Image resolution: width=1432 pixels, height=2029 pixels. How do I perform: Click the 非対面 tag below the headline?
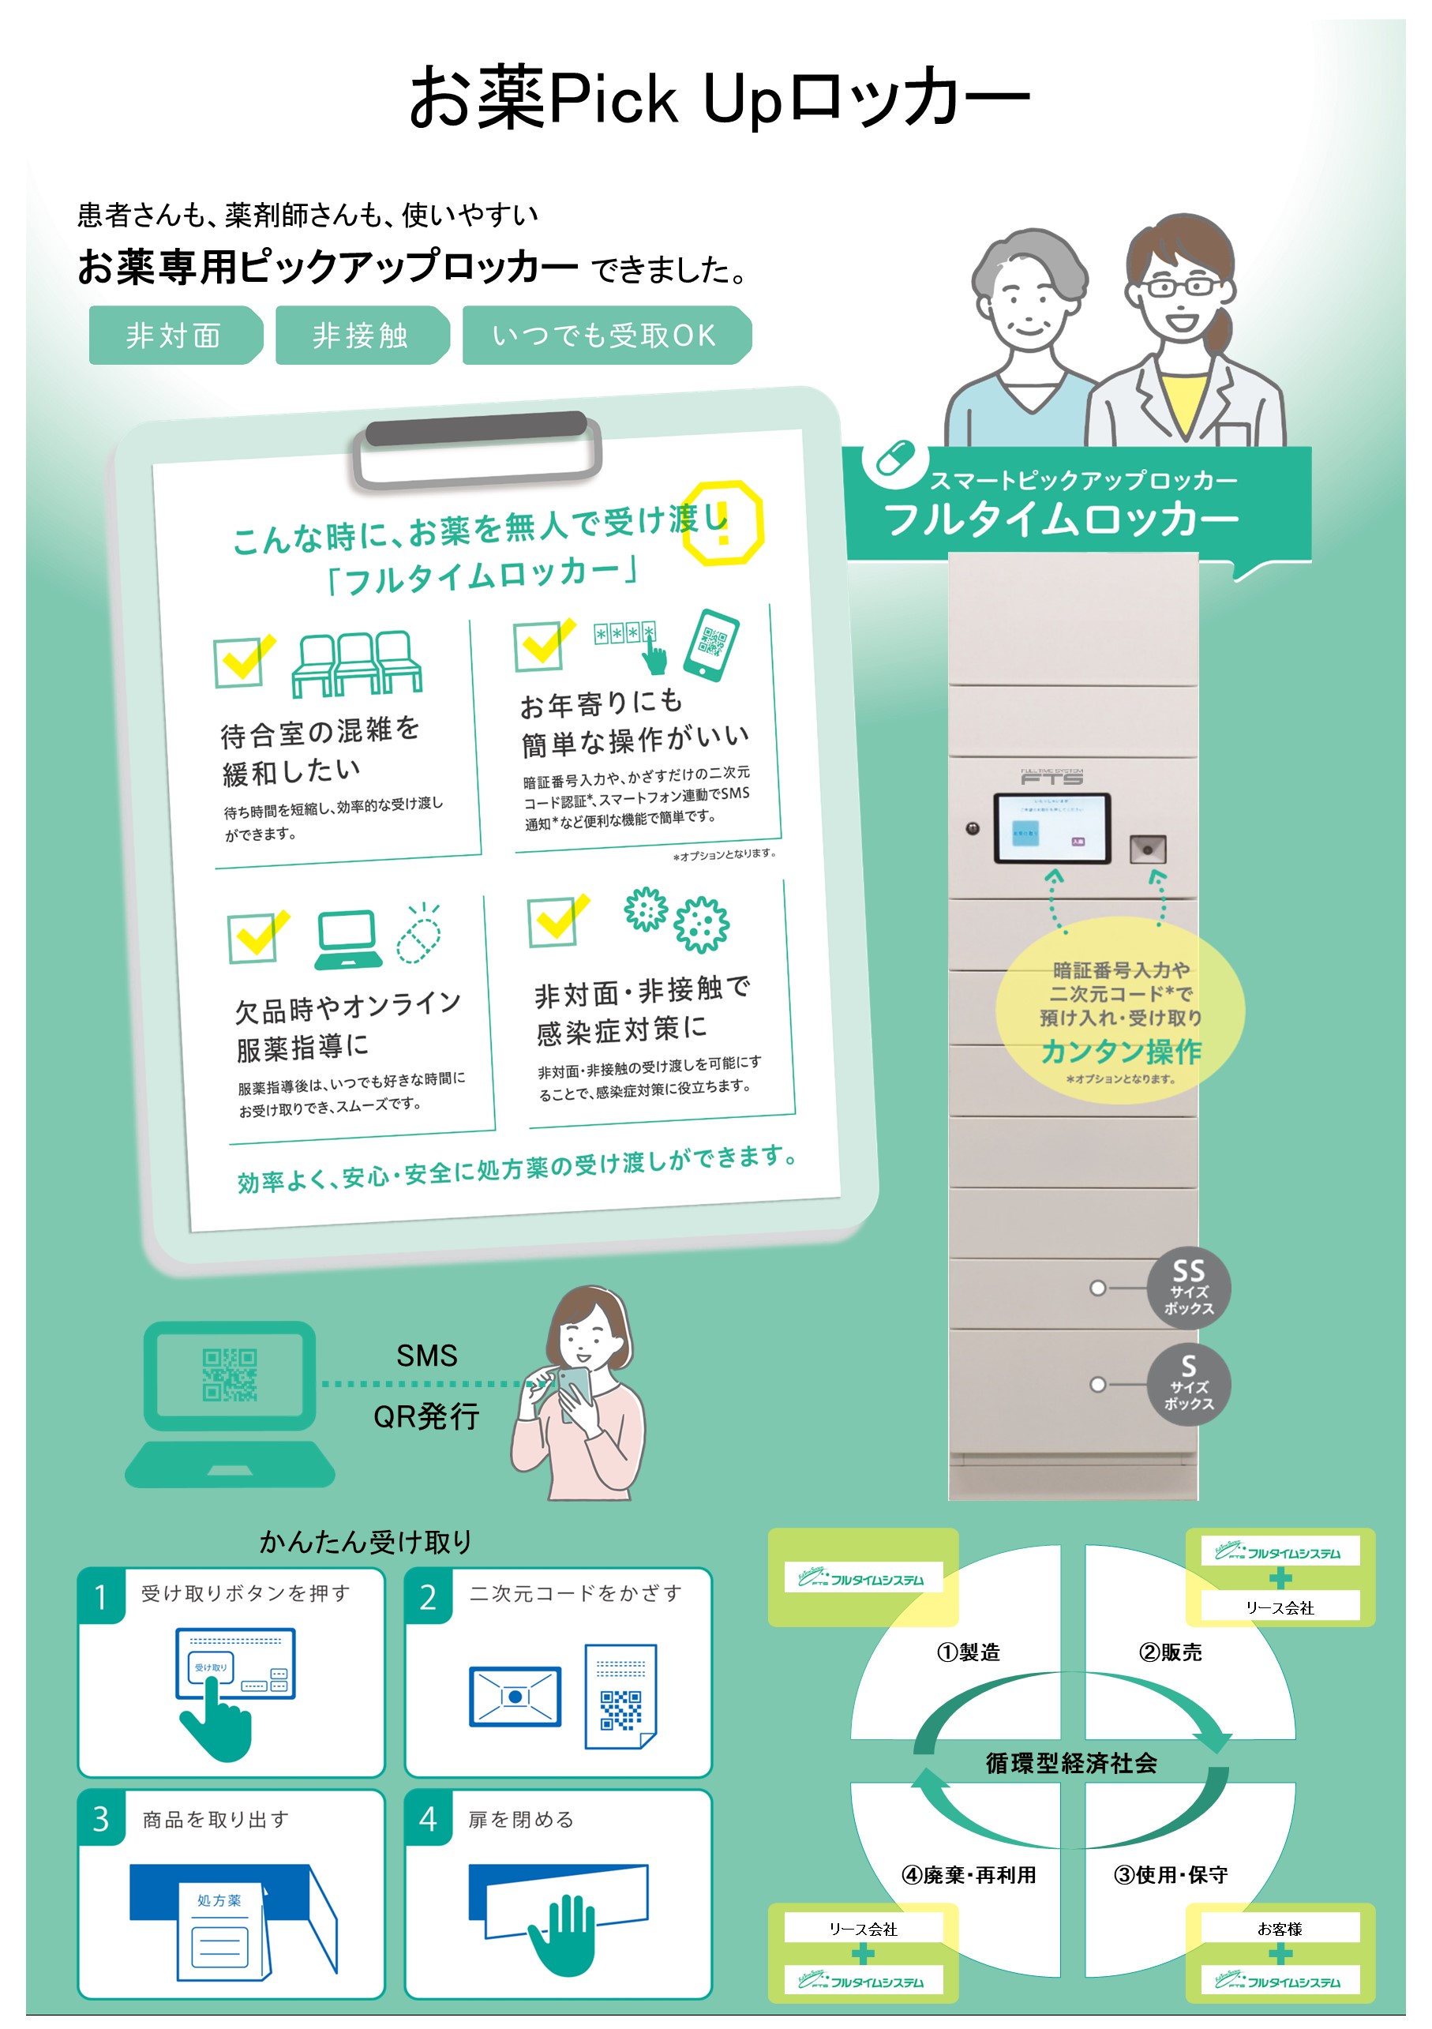coord(174,336)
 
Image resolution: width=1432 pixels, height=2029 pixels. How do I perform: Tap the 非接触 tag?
coord(361,336)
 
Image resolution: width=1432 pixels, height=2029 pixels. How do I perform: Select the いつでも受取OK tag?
coord(604,336)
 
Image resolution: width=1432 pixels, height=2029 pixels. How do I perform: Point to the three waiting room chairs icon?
coord(356,665)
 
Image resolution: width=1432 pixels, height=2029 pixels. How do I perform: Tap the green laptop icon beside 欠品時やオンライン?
coord(348,939)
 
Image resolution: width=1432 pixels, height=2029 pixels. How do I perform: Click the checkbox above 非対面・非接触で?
coord(555,921)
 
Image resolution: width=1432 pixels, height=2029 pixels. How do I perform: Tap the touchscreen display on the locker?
coord(1052,829)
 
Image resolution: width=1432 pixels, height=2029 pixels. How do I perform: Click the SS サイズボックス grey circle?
coord(1188,1288)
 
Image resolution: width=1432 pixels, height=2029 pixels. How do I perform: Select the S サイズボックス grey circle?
coord(1188,1384)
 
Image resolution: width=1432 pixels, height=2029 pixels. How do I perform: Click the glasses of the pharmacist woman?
coord(1179,287)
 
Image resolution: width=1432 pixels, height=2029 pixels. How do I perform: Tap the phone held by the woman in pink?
coord(576,1390)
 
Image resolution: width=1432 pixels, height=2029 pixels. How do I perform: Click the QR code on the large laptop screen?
coord(230,1375)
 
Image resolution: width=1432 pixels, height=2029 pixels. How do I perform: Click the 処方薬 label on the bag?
coord(218,1900)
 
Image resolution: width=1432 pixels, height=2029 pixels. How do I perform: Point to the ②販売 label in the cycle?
coord(1171,1652)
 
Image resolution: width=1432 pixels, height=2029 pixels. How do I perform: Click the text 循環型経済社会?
coord(1070,1764)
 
